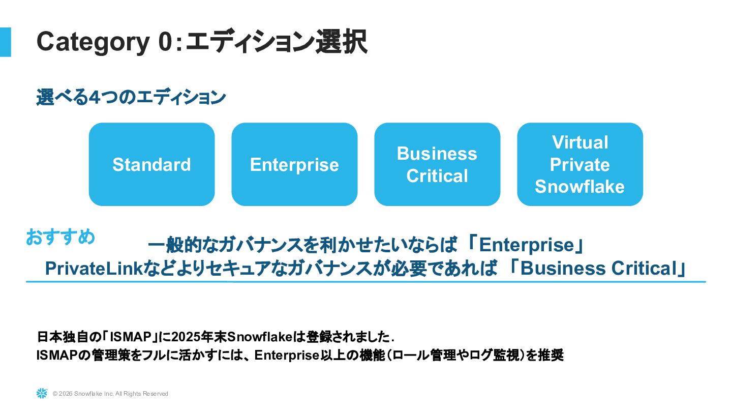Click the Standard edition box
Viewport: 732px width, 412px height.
[151, 164]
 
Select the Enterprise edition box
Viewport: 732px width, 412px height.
[294, 164]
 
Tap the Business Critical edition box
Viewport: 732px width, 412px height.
[437, 164]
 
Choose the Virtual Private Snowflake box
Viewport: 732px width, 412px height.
[580, 164]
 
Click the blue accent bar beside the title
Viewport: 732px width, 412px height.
[5, 42]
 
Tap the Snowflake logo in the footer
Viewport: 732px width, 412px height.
[42, 393]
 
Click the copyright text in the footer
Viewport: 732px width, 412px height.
[110, 394]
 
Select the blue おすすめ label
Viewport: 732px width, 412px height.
[60, 237]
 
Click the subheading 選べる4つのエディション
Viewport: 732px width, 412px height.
[131, 97]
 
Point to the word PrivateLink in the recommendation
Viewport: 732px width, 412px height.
[93, 269]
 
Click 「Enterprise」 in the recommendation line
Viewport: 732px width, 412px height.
[526, 246]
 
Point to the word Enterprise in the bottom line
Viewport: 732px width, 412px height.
[286, 355]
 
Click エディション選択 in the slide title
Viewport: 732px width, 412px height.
[276, 42]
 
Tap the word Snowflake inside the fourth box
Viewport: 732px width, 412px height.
[579, 187]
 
